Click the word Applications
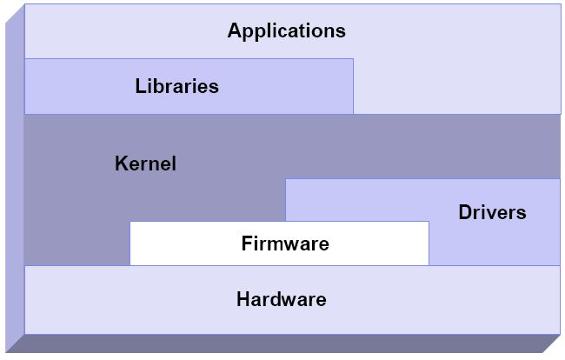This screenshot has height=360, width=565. (x=287, y=31)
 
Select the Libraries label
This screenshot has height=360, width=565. (x=177, y=86)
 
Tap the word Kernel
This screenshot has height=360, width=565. (x=145, y=163)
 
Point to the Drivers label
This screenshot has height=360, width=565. (x=492, y=212)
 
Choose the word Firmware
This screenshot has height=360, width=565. (x=285, y=243)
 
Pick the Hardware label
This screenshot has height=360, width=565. (x=282, y=299)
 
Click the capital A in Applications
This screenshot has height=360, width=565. (x=235, y=30)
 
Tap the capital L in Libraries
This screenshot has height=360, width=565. (x=141, y=86)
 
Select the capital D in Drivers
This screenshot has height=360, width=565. (x=466, y=212)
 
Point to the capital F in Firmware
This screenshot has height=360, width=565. (x=248, y=243)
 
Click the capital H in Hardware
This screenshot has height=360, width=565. (x=243, y=299)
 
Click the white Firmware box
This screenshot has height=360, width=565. (x=279, y=243)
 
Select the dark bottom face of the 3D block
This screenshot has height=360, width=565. (x=282, y=343)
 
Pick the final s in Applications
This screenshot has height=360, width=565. (x=341, y=32)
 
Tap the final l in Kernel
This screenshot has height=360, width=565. (x=174, y=163)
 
